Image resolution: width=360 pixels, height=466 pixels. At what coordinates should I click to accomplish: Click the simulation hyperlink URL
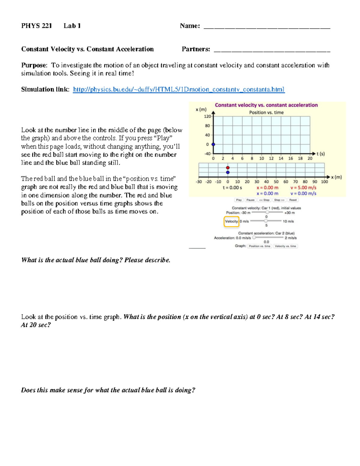pyautogui.click(x=178, y=89)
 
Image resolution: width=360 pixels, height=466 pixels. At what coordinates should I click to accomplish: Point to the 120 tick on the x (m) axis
pyautogui.click(x=207, y=116)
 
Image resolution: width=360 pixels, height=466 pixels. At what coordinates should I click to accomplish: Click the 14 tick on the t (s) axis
pyautogui.click(x=281, y=158)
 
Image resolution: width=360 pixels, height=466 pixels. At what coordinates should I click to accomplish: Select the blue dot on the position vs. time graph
pyautogui.click(x=213, y=144)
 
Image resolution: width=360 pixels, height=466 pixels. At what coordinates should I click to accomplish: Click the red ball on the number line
pyautogui.click(x=228, y=168)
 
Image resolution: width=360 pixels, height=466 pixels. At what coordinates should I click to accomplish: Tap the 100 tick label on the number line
pyautogui.click(x=324, y=182)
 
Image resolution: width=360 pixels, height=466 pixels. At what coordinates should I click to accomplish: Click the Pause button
pyautogui.click(x=250, y=200)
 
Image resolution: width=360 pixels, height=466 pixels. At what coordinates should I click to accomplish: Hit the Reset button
pyautogui.click(x=293, y=200)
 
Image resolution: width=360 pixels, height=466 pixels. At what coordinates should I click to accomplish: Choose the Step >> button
pyautogui.click(x=279, y=200)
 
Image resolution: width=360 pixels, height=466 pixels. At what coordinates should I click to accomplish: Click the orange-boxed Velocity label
pyautogui.click(x=231, y=221)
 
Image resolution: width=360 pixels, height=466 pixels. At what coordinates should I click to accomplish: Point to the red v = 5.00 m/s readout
pyautogui.click(x=303, y=188)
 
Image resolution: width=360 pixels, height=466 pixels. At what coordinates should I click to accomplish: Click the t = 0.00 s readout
pyautogui.click(x=232, y=188)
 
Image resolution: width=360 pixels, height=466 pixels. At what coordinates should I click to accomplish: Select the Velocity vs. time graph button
pyautogui.click(x=285, y=246)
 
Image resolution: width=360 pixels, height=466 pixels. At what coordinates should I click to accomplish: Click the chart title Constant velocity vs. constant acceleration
pyautogui.click(x=266, y=105)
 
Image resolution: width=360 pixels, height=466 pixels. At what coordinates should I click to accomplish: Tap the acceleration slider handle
pyautogui.click(x=254, y=238)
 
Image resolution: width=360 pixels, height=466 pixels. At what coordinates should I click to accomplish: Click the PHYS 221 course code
pyautogui.click(x=36, y=26)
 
